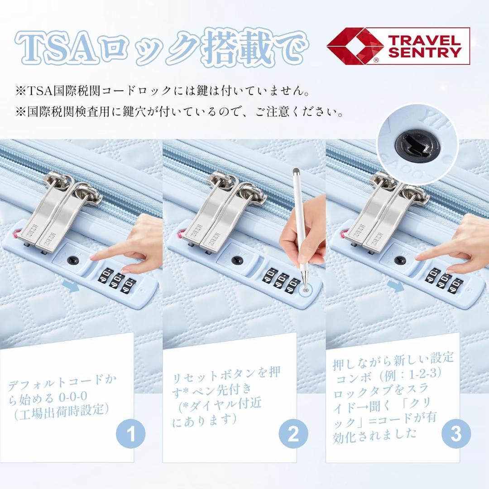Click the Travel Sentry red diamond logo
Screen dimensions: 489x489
coord(355,46)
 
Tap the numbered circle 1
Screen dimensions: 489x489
coord(131,434)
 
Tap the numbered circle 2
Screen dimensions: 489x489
coord(293,434)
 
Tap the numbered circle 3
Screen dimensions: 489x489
coord(456,434)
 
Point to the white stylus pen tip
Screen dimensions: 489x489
coord(307,287)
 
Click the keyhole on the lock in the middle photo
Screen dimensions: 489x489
coord(236,260)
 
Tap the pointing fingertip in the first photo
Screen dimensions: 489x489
coord(94,257)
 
